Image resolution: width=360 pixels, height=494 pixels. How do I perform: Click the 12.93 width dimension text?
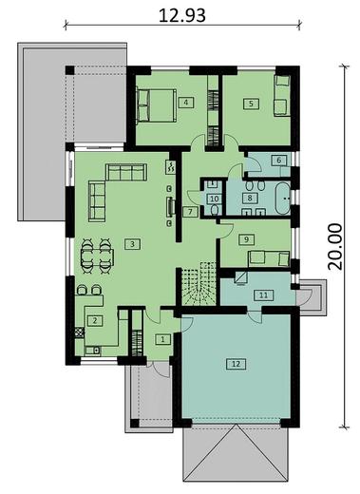click(180, 14)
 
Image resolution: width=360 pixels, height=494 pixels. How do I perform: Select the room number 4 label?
click(187, 103)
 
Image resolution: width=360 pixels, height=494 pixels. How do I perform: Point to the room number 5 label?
click(251, 103)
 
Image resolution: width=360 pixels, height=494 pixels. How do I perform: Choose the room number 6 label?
click(278, 161)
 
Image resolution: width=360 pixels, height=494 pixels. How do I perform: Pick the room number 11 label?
click(262, 295)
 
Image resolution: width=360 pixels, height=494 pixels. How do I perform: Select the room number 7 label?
click(190, 211)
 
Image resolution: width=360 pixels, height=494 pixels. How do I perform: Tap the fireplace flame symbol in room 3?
click(170, 168)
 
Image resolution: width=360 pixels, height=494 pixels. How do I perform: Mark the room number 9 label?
click(245, 239)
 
